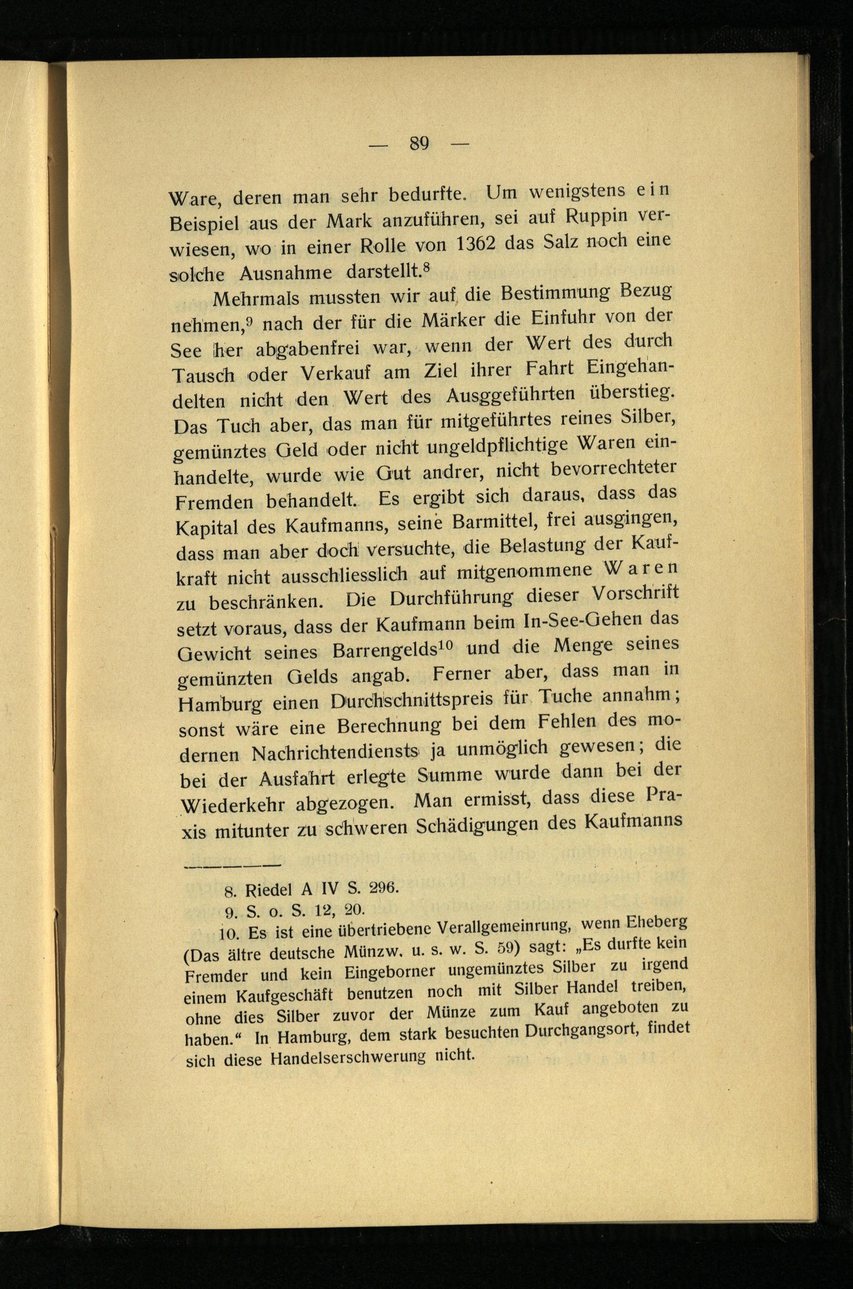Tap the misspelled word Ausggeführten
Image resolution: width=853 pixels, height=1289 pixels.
click(x=510, y=397)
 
